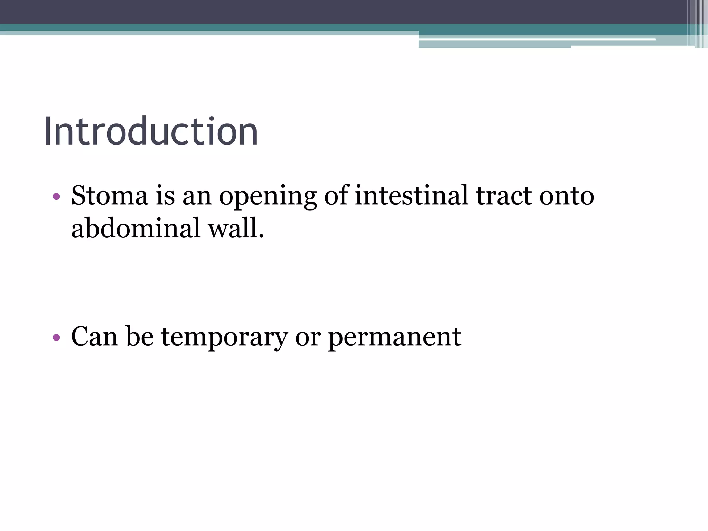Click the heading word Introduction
[151, 132]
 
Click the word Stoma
[110, 196]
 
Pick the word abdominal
[136, 229]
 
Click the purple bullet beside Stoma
[56, 197]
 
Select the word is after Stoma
[165, 196]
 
